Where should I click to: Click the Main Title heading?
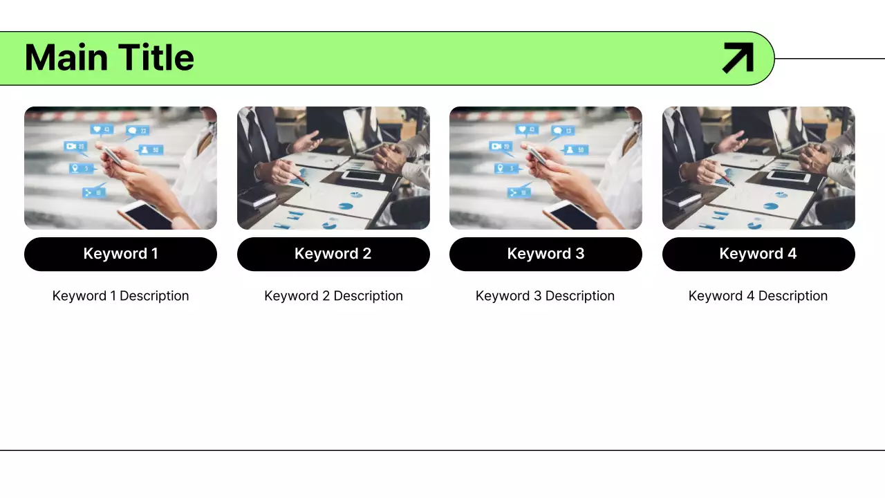[x=109, y=57]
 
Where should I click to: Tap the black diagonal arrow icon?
[x=738, y=57]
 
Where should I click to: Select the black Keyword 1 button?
[x=120, y=254]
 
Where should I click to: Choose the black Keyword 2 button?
[x=333, y=254]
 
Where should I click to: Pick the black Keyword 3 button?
[x=546, y=254]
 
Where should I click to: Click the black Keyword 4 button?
[x=758, y=254]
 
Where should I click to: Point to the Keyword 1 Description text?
[x=120, y=296]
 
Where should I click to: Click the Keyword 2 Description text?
[x=333, y=296]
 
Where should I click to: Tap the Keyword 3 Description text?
[x=545, y=296]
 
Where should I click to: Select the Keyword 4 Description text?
[x=758, y=296]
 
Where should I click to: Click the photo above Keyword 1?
[x=120, y=168]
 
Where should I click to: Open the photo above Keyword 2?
[x=333, y=168]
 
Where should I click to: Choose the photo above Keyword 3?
[x=546, y=168]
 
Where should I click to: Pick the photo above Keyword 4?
[x=758, y=168]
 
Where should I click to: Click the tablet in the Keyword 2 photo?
[x=364, y=176]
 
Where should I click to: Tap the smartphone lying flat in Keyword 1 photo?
[x=145, y=216]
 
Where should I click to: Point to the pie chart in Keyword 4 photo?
[x=781, y=196]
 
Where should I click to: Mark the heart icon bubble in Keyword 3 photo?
[x=526, y=129]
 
